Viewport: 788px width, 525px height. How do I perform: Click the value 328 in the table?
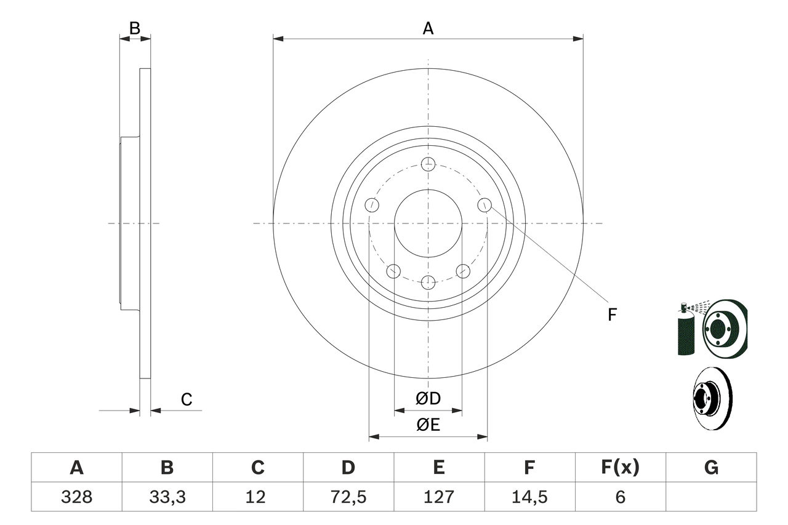click(x=76, y=497)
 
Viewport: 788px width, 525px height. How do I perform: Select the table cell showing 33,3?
click(x=167, y=497)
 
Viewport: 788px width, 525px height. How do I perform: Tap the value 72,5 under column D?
click(x=348, y=497)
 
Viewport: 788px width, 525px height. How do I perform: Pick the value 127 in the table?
click(x=438, y=497)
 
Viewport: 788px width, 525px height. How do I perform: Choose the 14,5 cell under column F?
click(x=529, y=497)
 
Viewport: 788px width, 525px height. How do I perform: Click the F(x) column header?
click(x=619, y=468)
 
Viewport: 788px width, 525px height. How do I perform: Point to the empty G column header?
click(x=711, y=468)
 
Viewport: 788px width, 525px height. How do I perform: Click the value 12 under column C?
click(x=257, y=497)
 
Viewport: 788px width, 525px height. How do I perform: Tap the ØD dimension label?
click(x=428, y=399)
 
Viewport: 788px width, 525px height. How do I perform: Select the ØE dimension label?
click(x=428, y=425)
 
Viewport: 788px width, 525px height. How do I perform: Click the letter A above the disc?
click(x=428, y=28)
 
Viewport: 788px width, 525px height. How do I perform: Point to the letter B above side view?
click(x=135, y=28)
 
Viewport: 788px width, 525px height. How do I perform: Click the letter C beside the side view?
click(x=187, y=400)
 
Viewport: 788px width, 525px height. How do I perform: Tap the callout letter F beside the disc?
click(x=611, y=315)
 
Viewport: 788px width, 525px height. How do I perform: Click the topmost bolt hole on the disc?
click(x=428, y=164)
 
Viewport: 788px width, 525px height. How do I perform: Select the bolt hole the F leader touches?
click(x=484, y=205)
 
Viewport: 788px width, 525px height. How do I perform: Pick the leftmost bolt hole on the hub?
click(x=371, y=205)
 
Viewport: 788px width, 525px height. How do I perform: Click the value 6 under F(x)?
click(x=619, y=497)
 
